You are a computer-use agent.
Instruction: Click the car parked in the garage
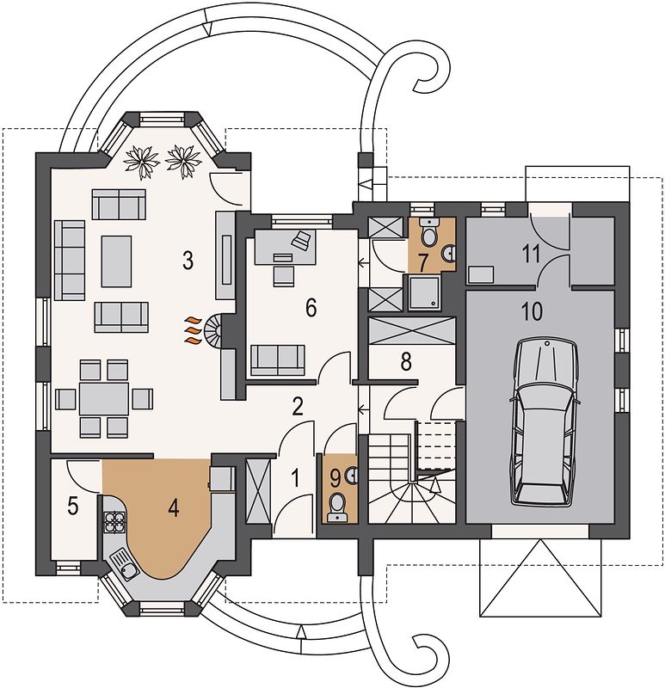pyautogui.click(x=543, y=423)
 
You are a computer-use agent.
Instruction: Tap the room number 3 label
pyautogui.click(x=188, y=261)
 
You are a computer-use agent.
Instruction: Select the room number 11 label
pyautogui.click(x=531, y=255)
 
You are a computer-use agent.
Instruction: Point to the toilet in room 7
pyautogui.click(x=428, y=231)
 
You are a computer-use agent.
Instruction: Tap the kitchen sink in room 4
pyautogui.click(x=125, y=564)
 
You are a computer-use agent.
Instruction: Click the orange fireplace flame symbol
pyautogui.click(x=192, y=329)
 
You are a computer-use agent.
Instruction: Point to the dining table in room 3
pyautogui.click(x=104, y=398)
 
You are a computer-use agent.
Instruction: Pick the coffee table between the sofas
pyautogui.click(x=116, y=261)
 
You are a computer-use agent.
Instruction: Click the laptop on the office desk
pyautogui.click(x=302, y=240)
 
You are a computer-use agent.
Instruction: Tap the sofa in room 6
pyautogui.click(x=277, y=360)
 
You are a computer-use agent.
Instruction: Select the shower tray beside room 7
pyautogui.click(x=425, y=292)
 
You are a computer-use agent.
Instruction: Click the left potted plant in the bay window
pyautogui.click(x=141, y=161)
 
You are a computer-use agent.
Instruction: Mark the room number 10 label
pyautogui.click(x=532, y=311)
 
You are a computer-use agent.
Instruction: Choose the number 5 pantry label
pyautogui.click(x=73, y=507)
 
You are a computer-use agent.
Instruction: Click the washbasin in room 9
pyautogui.click(x=352, y=476)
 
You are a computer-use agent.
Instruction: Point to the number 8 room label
pyautogui.click(x=406, y=362)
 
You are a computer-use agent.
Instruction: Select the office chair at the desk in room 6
pyautogui.click(x=284, y=275)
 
